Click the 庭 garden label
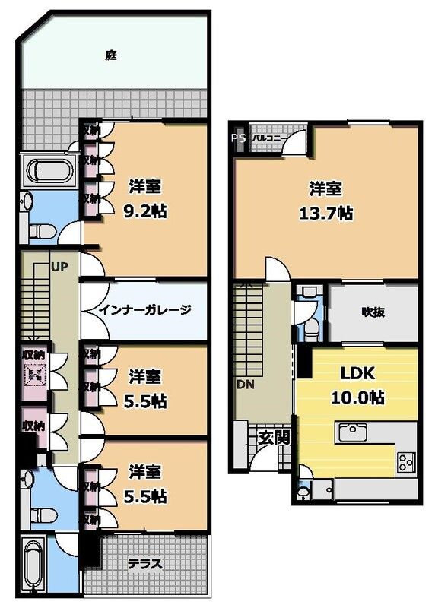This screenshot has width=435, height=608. [111, 55]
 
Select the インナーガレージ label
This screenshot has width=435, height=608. [144, 310]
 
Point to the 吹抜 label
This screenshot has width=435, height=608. [373, 312]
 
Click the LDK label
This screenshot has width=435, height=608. [356, 374]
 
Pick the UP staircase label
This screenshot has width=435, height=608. [59, 268]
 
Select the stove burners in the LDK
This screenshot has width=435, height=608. [405, 461]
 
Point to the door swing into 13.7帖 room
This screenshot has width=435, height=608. [275, 268]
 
